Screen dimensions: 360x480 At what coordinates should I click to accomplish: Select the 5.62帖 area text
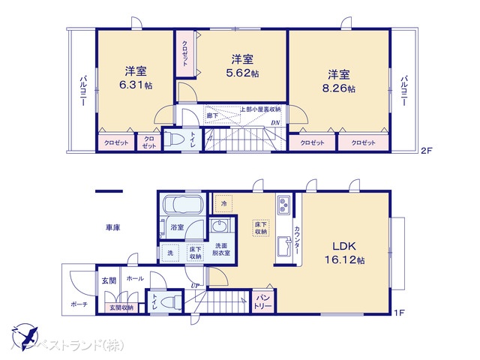244,73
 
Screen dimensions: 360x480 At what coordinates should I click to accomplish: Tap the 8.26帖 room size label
340,88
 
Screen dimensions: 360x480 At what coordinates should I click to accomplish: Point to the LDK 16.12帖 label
345,261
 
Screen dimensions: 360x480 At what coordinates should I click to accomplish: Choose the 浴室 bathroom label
177,226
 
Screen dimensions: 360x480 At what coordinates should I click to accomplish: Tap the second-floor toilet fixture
174,140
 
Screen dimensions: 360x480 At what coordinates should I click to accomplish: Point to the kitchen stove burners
284,205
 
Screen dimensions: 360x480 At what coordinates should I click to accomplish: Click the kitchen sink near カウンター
284,246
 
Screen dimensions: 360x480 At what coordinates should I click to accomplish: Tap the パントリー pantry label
262,301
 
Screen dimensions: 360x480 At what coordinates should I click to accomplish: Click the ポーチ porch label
79,304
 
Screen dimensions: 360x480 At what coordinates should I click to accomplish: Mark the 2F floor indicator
426,151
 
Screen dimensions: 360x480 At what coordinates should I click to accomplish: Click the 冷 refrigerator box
223,202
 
